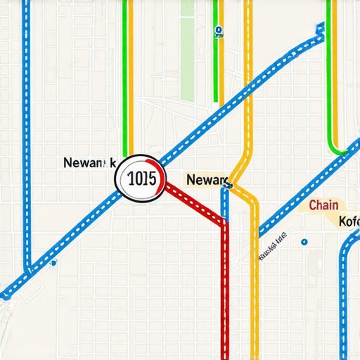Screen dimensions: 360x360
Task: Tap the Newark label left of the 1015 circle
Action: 89,162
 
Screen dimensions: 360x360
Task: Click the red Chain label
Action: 323,205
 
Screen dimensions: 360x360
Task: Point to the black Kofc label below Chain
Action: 349,221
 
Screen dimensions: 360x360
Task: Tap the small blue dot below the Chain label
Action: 304,242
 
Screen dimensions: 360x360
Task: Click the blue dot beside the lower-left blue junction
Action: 53,264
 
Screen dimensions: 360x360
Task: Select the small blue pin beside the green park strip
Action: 219,30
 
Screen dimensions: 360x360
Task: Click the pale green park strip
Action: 187,49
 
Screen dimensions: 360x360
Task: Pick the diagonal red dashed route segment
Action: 194,204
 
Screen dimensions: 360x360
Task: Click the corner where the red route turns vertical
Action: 225,224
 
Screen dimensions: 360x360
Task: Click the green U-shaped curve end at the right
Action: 342,150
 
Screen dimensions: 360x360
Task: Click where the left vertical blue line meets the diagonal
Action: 28,270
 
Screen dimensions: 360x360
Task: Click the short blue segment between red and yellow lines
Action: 224,204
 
